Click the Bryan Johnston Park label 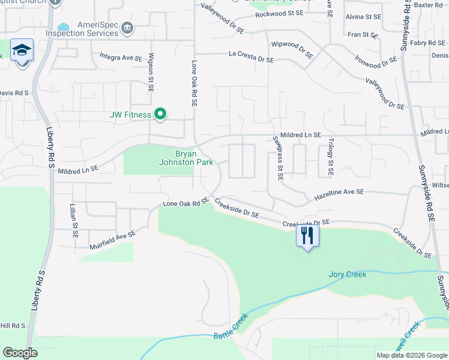pyautogui.click(x=186, y=157)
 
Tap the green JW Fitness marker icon pyautogui.click(x=160, y=114)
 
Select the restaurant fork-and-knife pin pyautogui.click(x=307, y=235)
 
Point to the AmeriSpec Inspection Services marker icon pyautogui.click(x=127, y=28)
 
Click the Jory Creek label pyautogui.click(x=347, y=275)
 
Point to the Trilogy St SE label pyautogui.click(x=331, y=158)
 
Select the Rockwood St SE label pyautogui.click(x=278, y=13)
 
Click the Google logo pyautogui.click(x=20, y=353)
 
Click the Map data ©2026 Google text pyautogui.click(x=411, y=355)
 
